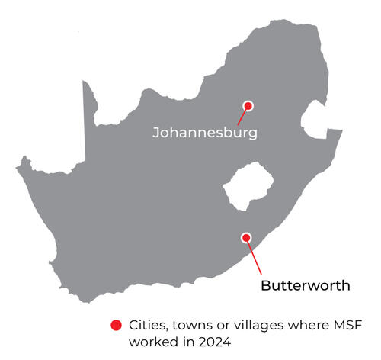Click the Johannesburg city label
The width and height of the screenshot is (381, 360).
204,132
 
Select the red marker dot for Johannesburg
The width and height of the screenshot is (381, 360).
247,106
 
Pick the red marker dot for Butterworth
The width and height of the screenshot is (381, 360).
245,237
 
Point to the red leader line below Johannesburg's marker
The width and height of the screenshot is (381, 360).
242,117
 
